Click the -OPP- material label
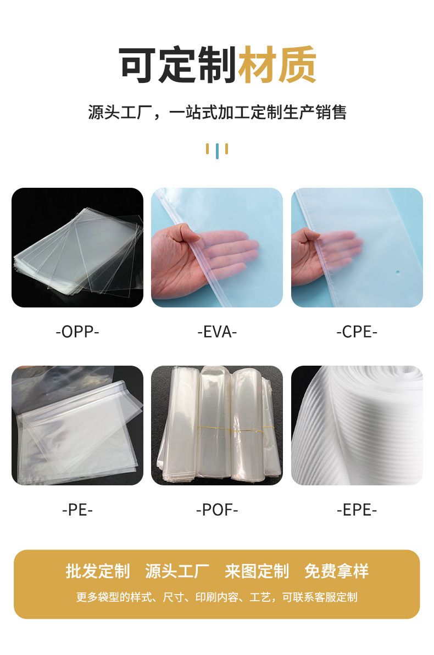[x=77, y=332]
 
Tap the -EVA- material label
[x=217, y=332]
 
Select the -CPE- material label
[x=357, y=332]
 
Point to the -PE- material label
[x=77, y=510]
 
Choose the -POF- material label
[x=217, y=510]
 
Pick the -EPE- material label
[x=357, y=510]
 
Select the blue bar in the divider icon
[x=217, y=151]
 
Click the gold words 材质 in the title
[x=277, y=65]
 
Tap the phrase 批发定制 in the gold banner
[x=97, y=571]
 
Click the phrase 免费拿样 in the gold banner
[x=337, y=571]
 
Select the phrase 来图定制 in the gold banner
[x=257, y=571]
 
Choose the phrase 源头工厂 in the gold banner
[x=177, y=571]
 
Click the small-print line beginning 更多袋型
[x=217, y=597]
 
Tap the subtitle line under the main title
[x=217, y=113]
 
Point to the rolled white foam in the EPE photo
[x=357, y=426]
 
